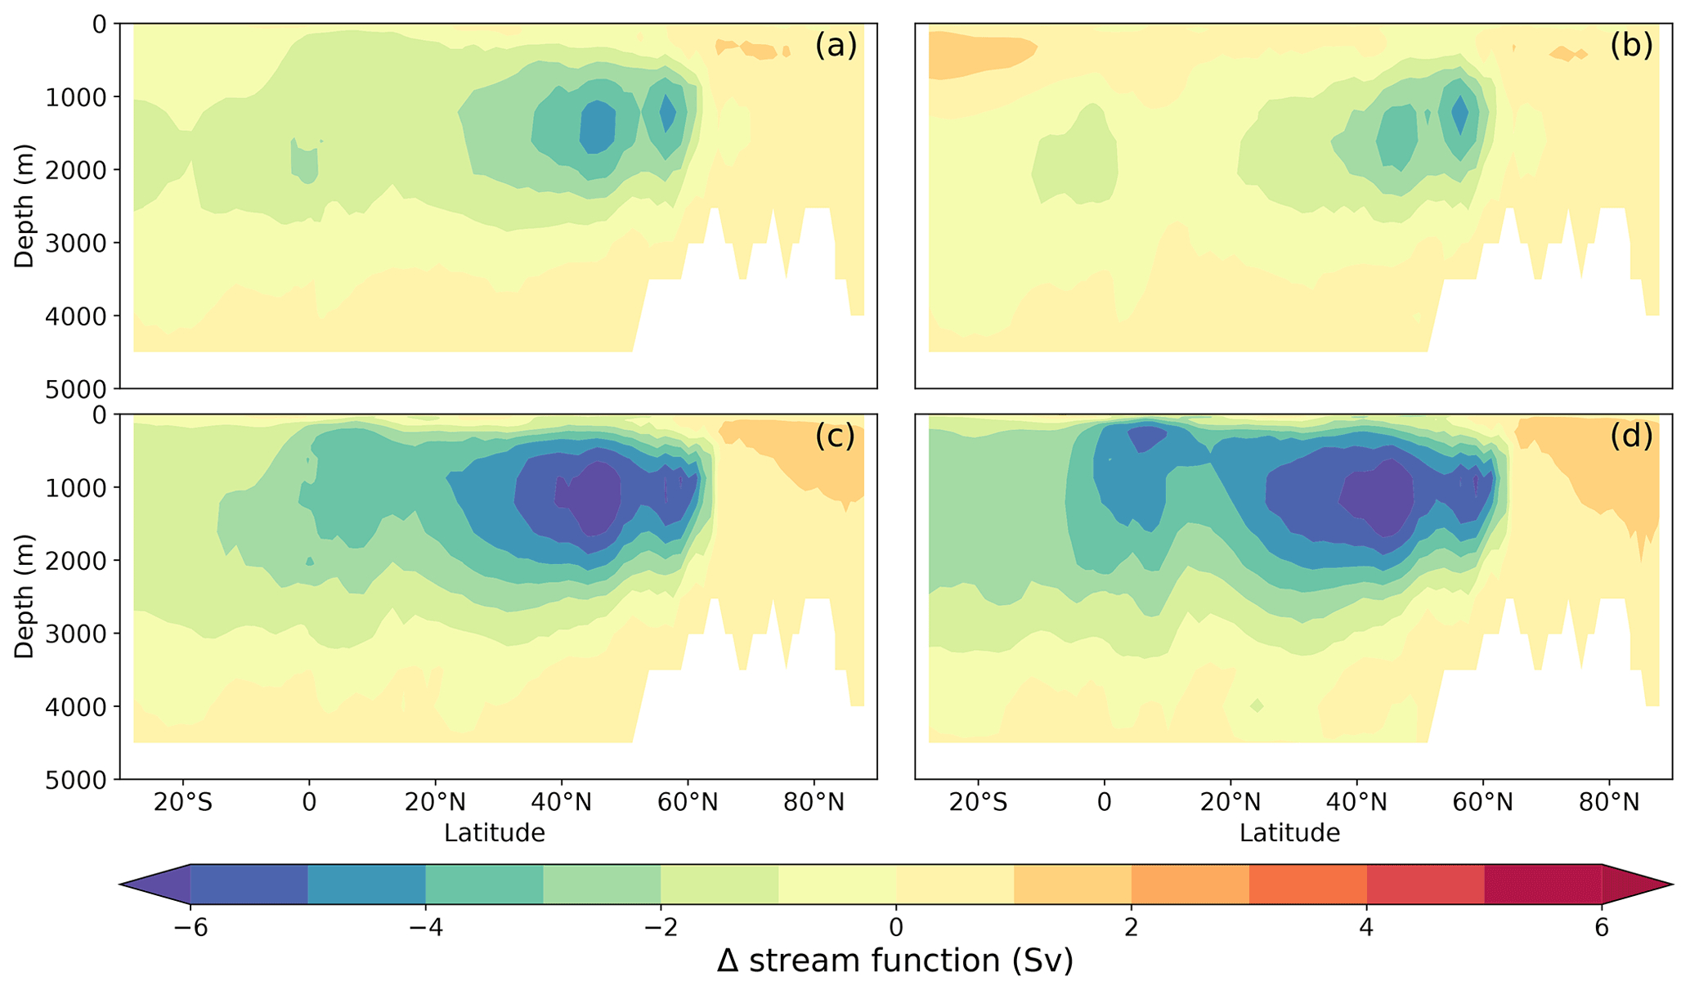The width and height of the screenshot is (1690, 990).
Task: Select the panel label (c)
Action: pos(836,437)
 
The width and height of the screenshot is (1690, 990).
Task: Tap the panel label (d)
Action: pos(1631,437)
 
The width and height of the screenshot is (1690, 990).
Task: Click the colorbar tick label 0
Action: pos(896,928)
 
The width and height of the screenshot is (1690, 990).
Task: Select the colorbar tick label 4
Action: pos(1366,928)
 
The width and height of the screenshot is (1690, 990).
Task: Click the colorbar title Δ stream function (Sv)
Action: pos(895,961)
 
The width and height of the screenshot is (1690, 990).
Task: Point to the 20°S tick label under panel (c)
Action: pos(183,803)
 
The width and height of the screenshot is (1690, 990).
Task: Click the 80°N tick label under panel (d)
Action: pos(1609,803)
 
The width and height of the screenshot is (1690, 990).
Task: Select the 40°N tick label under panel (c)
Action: pos(562,803)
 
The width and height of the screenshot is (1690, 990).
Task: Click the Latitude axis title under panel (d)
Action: pos(1289,833)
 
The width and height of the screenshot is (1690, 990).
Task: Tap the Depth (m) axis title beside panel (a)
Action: pos(25,204)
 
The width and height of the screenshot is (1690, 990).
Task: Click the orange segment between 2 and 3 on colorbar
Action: pos(1190,884)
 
